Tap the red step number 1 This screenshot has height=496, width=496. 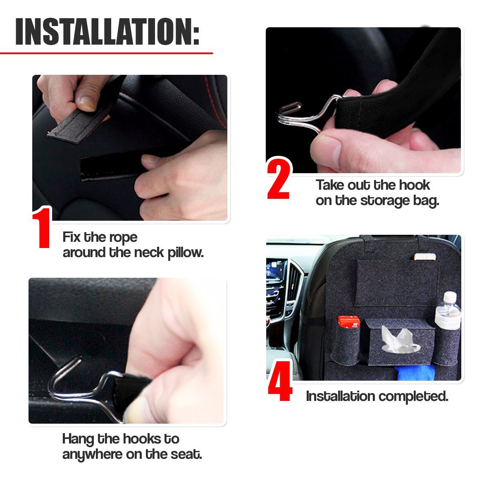click(42, 227)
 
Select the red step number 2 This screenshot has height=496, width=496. click(279, 179)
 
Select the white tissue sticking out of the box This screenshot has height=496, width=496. click(397, 339)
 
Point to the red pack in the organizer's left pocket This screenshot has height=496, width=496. click(349, 322)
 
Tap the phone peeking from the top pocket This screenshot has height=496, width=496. click(425, 257)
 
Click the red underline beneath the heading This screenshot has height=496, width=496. click(107, 53)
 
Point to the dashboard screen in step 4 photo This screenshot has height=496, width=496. click(277, 270)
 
